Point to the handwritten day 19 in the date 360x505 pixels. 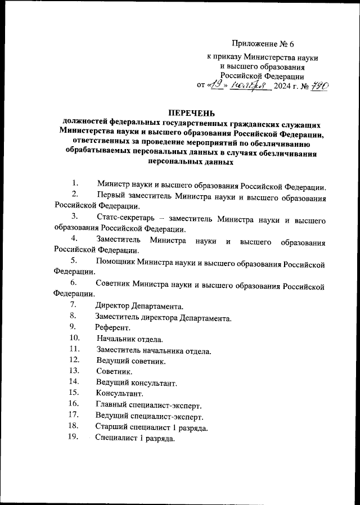[x=217, y=84]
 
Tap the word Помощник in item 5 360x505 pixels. [x=118, y=262]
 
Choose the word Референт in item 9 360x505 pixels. [x=112, y=327]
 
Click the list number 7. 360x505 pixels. [x=73, y=305]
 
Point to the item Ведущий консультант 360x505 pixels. [x=137, y=383]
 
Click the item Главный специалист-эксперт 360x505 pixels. [x=148, y=405]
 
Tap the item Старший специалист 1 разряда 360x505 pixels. [x=152, y=427]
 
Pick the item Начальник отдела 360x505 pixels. [x=129, y=339]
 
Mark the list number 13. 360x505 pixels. [x=74, y=371]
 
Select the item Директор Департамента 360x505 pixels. [x=139, y=306]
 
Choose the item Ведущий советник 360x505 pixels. [x=130, y=361]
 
